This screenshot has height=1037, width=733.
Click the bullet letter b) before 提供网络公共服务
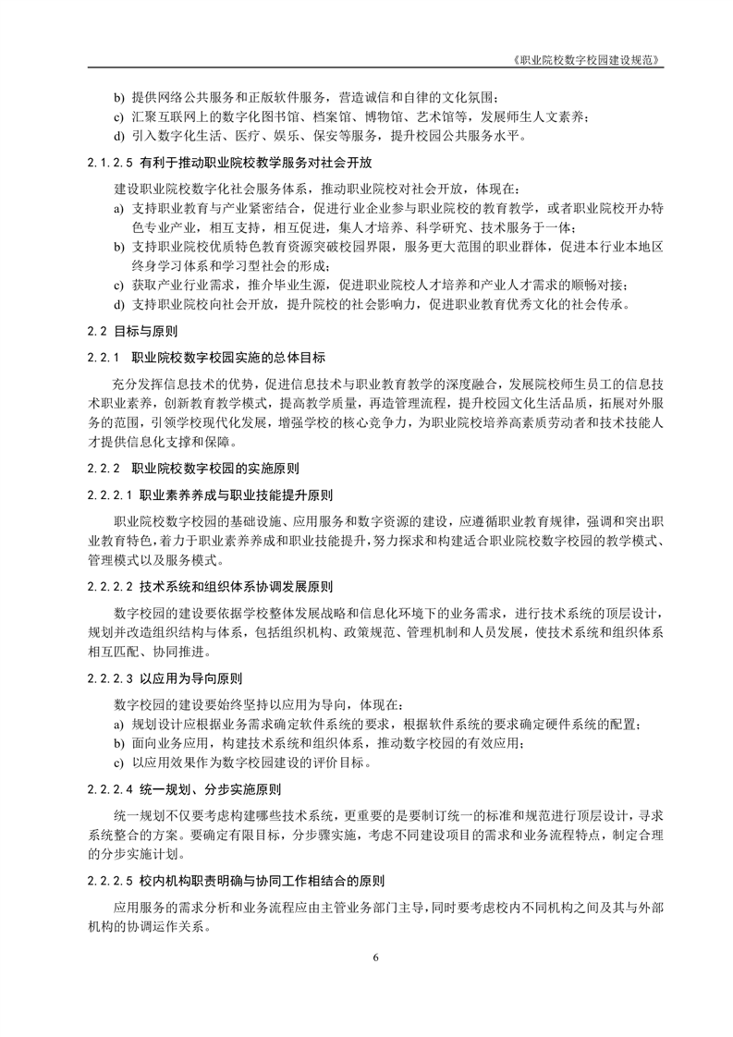[118, 97]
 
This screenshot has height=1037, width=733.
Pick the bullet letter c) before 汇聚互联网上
[118, 116]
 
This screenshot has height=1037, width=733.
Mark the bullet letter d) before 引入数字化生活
[118, 137]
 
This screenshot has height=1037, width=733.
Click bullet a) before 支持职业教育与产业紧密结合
[118, 209]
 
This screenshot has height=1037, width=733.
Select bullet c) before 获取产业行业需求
[118, 285]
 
